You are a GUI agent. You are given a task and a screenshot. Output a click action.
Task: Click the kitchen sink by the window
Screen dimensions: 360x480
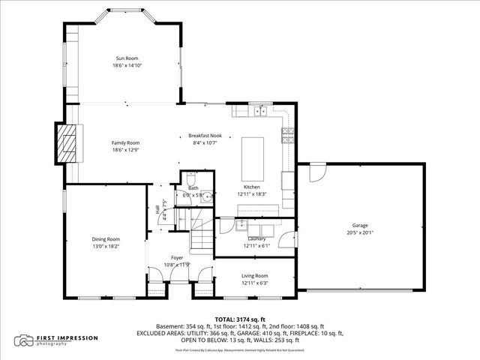261,112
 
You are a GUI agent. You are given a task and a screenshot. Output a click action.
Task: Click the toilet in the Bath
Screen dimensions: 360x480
190,180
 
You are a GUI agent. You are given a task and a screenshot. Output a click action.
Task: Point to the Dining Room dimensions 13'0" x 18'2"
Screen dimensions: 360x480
105,245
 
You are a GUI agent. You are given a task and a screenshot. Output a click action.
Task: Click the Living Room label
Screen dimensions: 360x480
254,276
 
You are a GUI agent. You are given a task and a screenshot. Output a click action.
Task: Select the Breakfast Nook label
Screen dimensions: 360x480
204,136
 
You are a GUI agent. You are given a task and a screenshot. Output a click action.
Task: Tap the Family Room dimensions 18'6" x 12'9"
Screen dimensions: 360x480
126,149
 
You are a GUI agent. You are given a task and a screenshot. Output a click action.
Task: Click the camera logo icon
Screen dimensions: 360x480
26,340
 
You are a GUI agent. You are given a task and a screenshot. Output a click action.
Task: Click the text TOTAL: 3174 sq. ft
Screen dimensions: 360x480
239,319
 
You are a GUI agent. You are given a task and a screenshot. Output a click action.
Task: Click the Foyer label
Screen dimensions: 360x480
177,257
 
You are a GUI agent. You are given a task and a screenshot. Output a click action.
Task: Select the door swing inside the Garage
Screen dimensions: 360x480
316,172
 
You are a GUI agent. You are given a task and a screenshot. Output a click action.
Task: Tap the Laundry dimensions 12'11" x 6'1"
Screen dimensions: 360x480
255,245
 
